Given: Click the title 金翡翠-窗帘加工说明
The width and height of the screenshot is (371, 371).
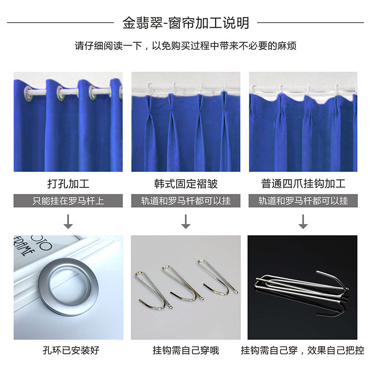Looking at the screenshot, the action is pos(186,23).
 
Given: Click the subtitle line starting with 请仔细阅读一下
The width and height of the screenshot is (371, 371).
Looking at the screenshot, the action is pos(185,46).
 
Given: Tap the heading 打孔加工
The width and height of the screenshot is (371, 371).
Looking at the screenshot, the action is pos(68,184).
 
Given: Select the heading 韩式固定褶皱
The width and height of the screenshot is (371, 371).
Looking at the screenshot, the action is pos(186,184).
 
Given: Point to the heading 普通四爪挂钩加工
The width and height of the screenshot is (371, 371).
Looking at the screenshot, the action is pos(303,184).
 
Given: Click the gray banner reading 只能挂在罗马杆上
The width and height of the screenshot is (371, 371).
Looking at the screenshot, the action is pos(68,201).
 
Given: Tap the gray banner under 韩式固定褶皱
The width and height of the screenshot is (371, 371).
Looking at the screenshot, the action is pos(186,201).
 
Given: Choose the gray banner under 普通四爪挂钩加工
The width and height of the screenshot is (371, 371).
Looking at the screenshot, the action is pos(303,201).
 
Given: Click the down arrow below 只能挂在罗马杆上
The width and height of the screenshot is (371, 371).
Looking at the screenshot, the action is pos(68,222).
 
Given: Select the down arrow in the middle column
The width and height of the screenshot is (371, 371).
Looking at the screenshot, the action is pos(186,222).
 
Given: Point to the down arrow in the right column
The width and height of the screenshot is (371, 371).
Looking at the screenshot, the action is pos(303,222).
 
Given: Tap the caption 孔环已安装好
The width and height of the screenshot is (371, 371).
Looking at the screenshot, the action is pos(71,350).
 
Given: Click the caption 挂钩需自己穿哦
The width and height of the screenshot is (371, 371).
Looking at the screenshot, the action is pos(186,350).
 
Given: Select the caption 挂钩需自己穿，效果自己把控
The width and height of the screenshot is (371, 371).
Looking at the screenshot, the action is pos(302,350).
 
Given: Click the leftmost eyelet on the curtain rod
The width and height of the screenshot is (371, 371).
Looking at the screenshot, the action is pos(28,94).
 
